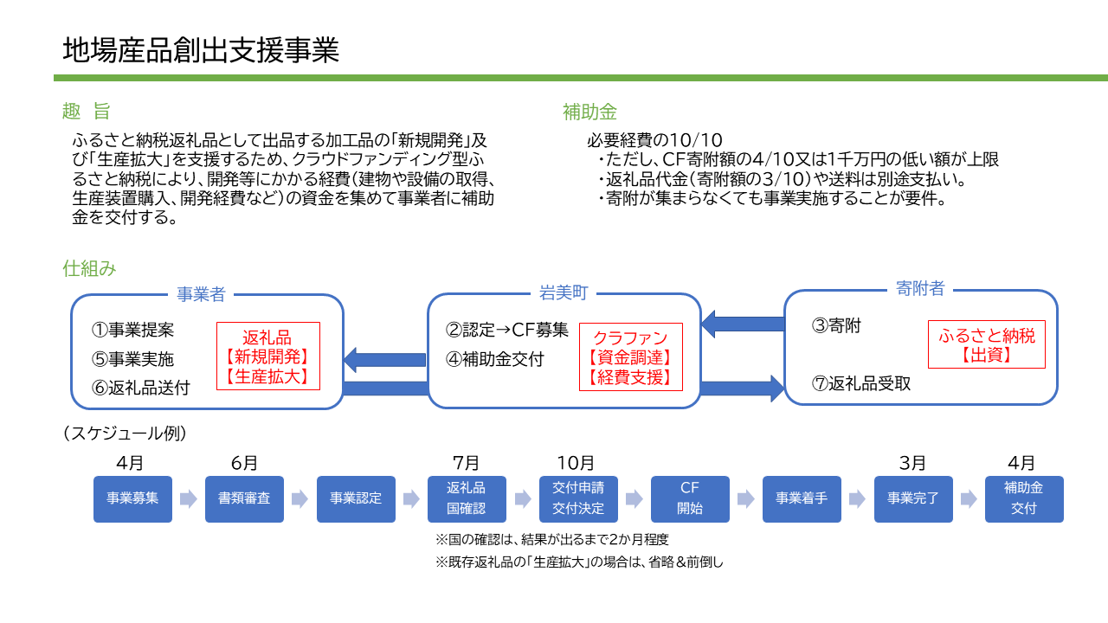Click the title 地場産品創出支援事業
[200, 50]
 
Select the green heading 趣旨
[86, 111]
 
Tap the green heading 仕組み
[89, 268]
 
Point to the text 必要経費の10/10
[654, 140]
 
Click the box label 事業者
[201, 294]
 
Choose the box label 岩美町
[563, 293]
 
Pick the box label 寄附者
[920, 289]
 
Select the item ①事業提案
[132, 331]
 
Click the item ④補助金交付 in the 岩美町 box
[494, 359]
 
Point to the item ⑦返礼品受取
[861, 383]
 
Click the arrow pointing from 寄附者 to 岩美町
[742, 324]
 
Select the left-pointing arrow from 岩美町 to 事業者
[385, 359]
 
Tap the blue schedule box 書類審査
[244, 498]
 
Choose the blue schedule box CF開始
[690, 498]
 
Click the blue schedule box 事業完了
[912, 498]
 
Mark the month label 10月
[576, 463]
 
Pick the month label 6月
[244, 463]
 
